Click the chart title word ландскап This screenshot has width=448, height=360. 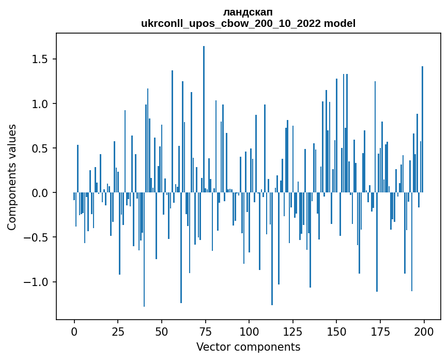coord(248,12)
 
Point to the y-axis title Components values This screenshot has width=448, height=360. coord(12,177)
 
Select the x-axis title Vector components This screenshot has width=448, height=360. coord(248,347)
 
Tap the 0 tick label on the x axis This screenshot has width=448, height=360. coord(74,331)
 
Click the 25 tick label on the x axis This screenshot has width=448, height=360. coord(118,331)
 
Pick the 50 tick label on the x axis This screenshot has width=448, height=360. coord(162,331)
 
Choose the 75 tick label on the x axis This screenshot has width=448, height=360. coord(205,331)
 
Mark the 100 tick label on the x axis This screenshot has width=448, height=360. coord(249,331)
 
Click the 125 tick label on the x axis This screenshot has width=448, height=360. coord(293,331)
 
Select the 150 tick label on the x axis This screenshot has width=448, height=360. coord(336,331)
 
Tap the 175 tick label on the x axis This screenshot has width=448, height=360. coord(380,331)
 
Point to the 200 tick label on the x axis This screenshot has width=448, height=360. coord(424,331)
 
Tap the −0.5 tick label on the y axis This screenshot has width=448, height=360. coord(38,237)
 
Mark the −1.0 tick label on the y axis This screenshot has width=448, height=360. coord(38,282)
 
